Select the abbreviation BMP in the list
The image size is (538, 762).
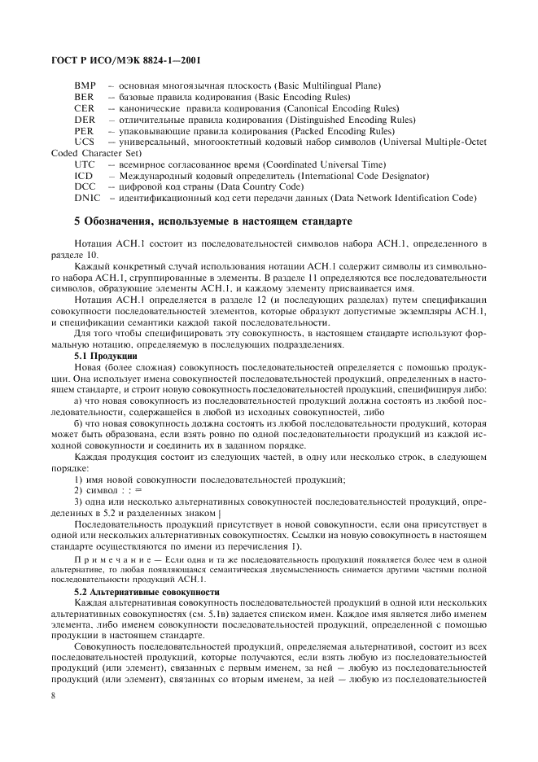click(x=85, y=85)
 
